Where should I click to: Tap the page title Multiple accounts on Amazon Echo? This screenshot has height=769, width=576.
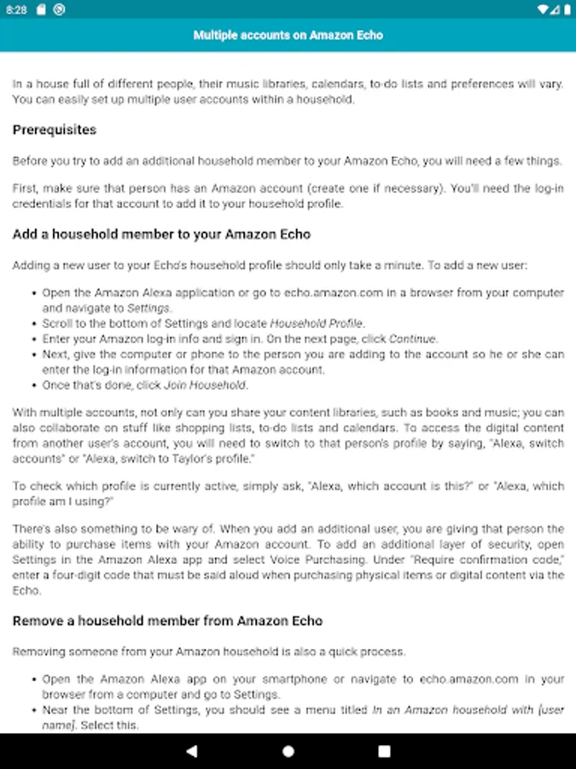pyautogui.click(x=288, y=35)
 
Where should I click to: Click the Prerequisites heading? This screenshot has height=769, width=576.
pyautogui.click(x=54, y=130)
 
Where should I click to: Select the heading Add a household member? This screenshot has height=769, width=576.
pyautogui.click(x=161, y=234)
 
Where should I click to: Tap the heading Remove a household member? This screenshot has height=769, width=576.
pyautogui.click(x=167, y=620)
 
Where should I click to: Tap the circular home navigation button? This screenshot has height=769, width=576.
pyautogui.click(x=288, y=751)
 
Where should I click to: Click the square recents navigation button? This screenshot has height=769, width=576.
pyautogui.click(x=384, y=751)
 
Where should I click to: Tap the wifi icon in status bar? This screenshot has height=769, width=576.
pyautogui.click(x=543, y=9)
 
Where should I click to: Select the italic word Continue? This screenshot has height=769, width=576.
pyautogui.click(x=413, y=339)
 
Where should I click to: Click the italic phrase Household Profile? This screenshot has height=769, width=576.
pyautogui.click(x=317, y=324)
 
